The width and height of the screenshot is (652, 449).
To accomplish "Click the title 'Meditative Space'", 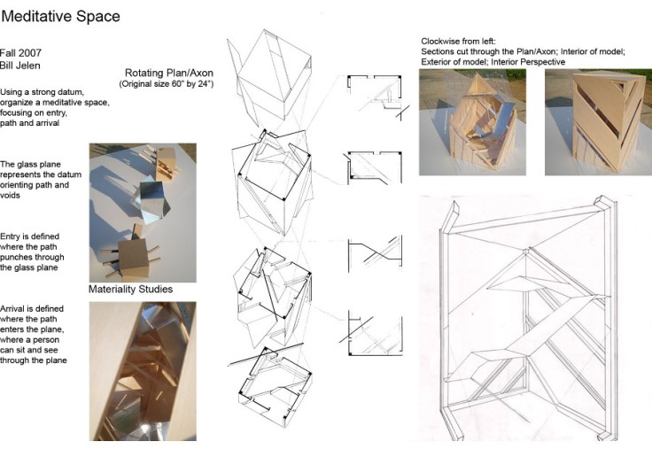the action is [x=61, y=17].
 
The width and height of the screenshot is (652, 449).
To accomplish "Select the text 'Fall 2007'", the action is [x=20, y=53].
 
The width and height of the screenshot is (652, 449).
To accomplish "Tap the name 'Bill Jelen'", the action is [x=20, y=66].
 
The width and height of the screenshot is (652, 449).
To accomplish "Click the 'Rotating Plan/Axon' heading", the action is [x=169, y=73].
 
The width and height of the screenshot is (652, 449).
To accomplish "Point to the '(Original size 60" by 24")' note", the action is [x=167, y=83].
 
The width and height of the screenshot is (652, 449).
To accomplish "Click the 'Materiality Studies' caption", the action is [x=130, y=289].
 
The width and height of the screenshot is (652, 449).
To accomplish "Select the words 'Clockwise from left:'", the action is [x=458, y=41].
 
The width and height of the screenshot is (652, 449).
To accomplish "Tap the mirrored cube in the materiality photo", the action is [x=151, y=202].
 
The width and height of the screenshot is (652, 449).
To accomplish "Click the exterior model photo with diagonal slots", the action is [x=598, y=122].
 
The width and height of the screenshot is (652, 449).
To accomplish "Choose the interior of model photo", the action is [x=472, y=122].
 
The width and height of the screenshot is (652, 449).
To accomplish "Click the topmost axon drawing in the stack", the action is [x=269, y=78].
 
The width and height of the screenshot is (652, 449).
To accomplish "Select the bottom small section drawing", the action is [x=371, y=335].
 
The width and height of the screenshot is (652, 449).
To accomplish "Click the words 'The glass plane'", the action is [x=30, y=164].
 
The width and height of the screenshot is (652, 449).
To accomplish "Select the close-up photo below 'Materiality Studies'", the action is [x=143, y=371].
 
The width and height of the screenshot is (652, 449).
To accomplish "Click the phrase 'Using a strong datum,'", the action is [x=42, y=92].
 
